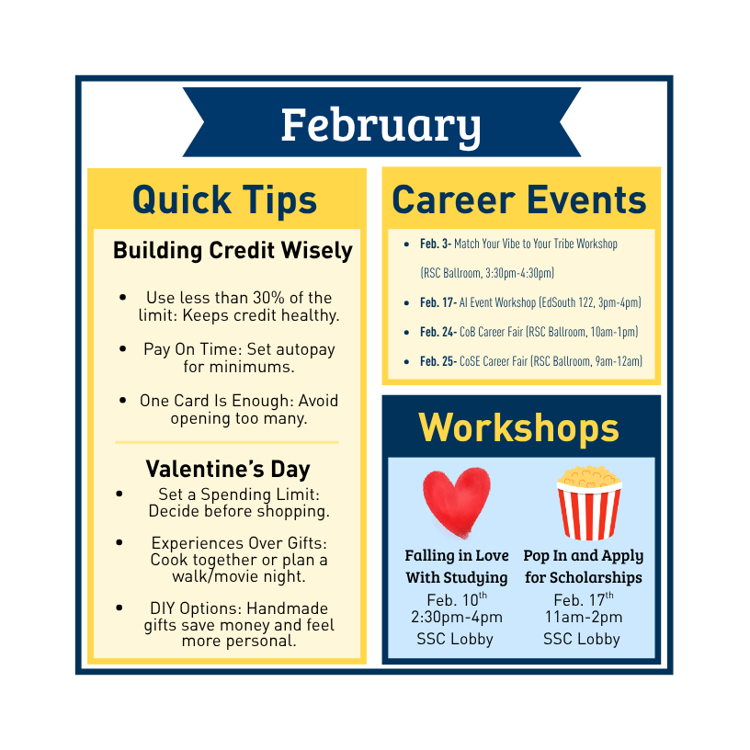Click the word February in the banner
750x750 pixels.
381,125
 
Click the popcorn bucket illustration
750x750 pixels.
589,503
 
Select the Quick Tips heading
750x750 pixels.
225,200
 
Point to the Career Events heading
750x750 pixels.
519,199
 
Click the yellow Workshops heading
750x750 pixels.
519,427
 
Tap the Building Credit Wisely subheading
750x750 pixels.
233,250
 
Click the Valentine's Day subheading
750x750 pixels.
228,469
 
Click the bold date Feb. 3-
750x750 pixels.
436,244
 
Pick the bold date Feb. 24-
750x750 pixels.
438,332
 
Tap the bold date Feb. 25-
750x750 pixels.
438,361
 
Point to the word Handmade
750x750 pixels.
288,608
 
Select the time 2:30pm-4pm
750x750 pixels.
457,617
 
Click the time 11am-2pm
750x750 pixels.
584,617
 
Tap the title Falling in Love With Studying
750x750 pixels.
457,567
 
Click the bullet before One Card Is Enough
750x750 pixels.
123,401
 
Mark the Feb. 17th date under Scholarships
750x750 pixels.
584,599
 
